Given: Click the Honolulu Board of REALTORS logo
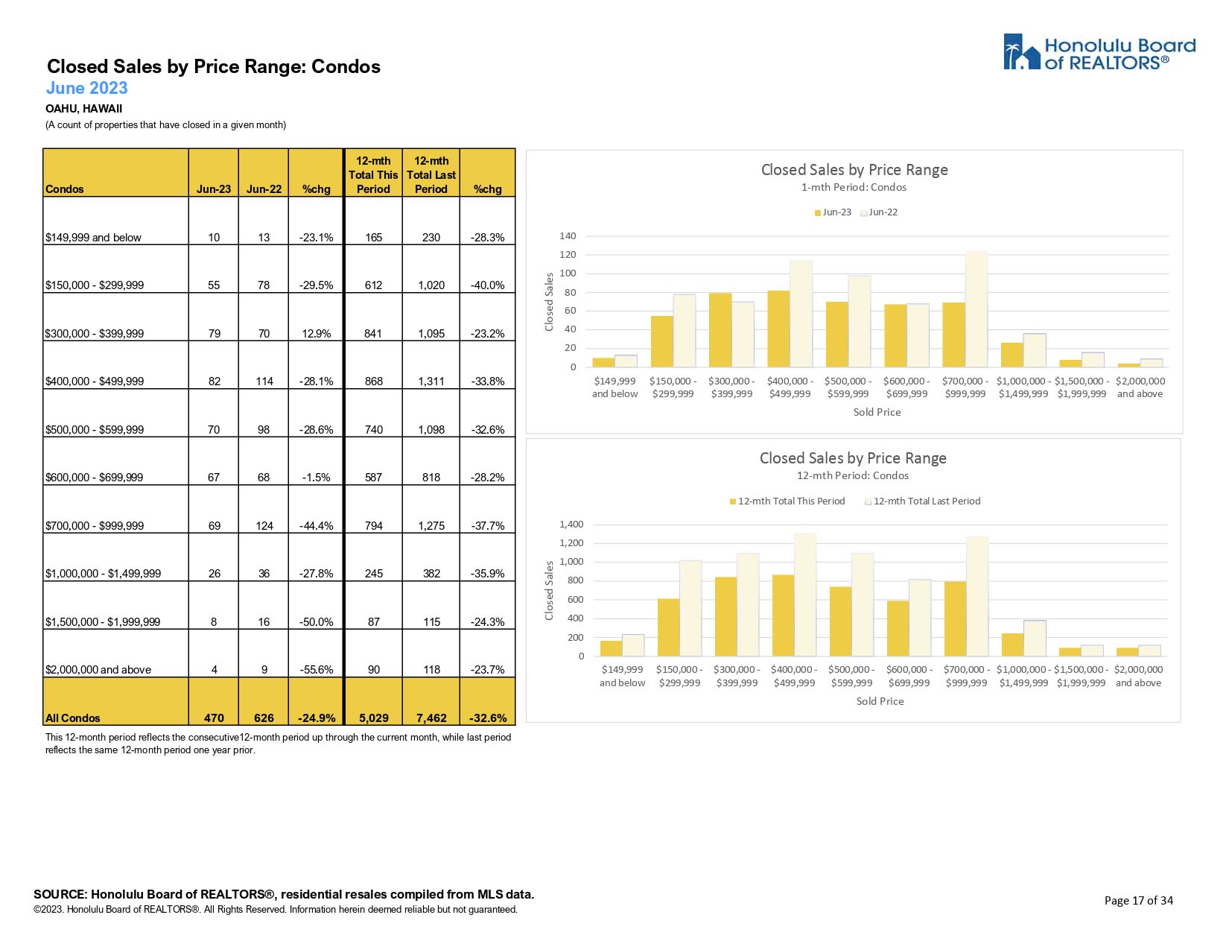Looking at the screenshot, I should click(1099, 52).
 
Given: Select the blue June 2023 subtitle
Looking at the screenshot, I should click(87, 88).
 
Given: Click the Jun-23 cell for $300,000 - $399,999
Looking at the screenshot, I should click(214, 333).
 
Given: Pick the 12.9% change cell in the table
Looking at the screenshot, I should click(317, 333).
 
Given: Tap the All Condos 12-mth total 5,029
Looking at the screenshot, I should click(373, 718).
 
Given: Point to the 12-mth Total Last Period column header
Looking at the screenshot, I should click(431, 174).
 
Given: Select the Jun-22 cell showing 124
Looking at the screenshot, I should click(264, 525).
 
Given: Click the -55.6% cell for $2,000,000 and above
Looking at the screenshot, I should click(317, 669).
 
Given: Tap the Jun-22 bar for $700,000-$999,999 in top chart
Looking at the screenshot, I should click(976, 309).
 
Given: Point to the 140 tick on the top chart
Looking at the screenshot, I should click(568, 236).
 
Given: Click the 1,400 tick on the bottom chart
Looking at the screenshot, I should click(571, 525).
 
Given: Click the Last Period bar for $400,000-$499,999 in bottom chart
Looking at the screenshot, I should click(805, 595).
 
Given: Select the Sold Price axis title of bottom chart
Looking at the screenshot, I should click(880, 701).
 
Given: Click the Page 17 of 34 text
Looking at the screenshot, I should click(1138, 900).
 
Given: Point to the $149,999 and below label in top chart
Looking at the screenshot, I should click(614, 387).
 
